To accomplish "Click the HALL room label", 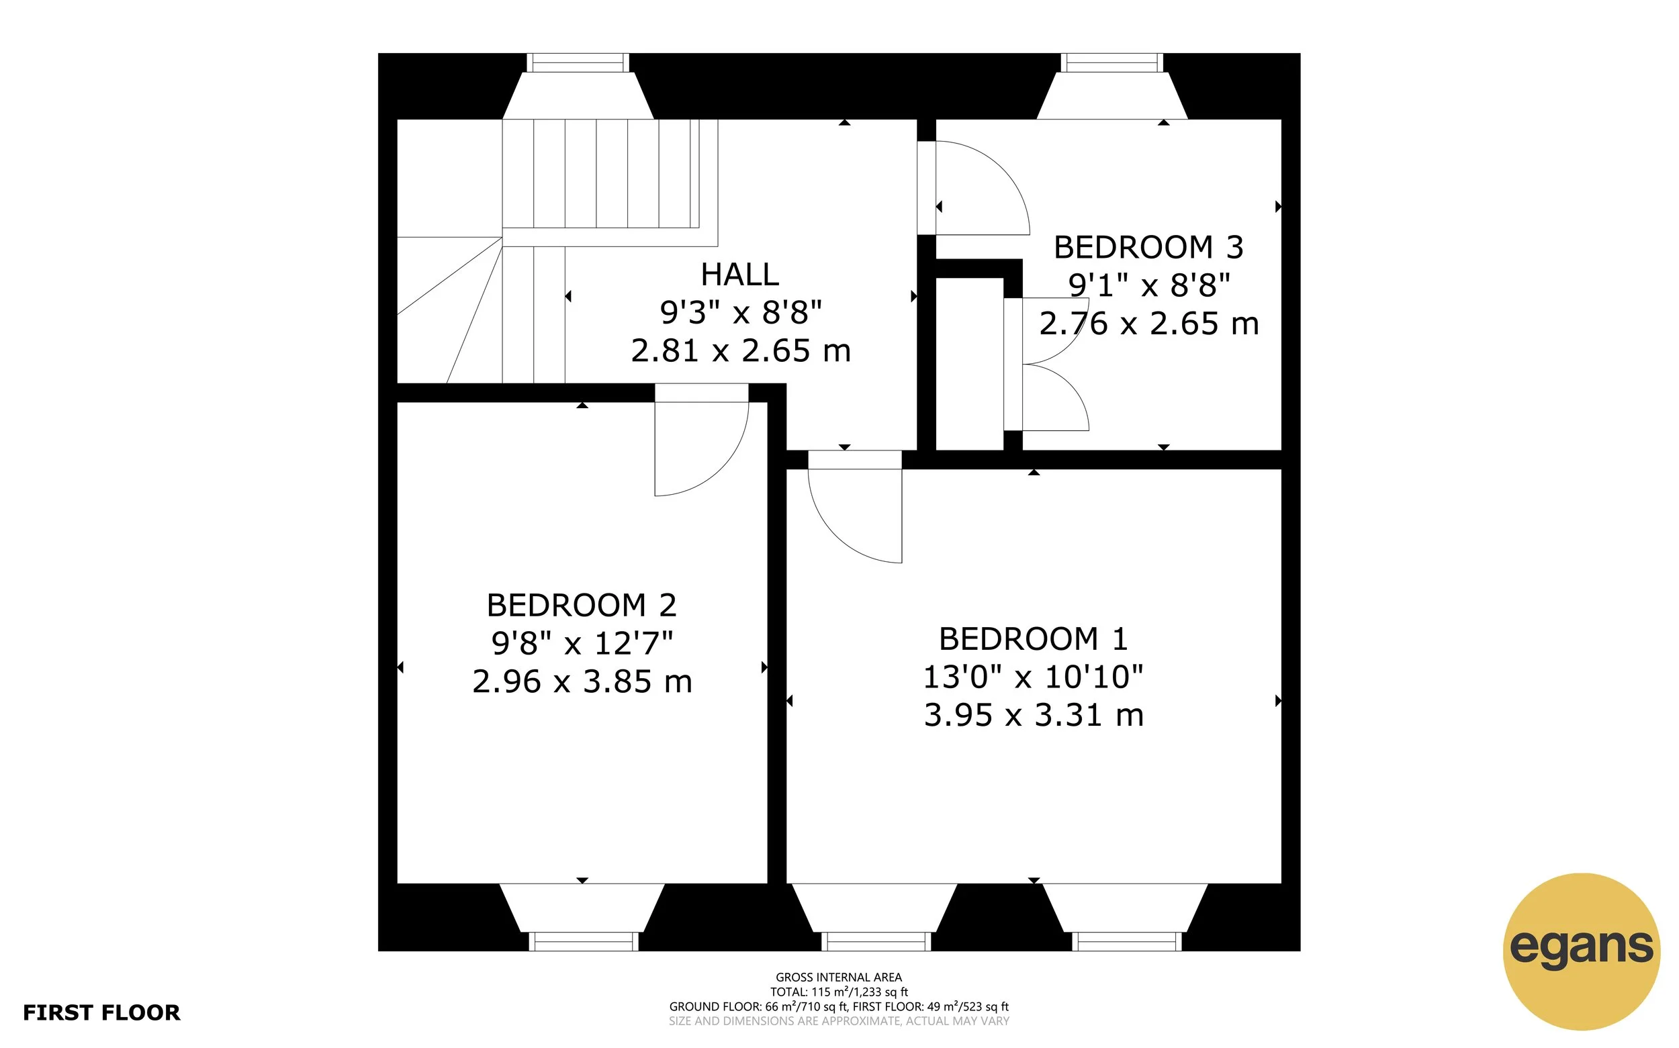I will (x=739, y=275).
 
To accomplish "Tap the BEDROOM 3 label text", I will (x=1148, y=248).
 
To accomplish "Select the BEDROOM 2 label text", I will (x=581, y=605).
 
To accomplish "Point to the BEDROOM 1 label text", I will (x=1033, y=638).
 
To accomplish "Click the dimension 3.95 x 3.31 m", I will (x=1033, y=714).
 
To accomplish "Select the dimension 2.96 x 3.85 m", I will (x=582, y=681).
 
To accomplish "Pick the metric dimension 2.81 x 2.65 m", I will (x=739, y=350).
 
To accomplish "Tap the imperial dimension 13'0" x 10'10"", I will (x=1033, y=677).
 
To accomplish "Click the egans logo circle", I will (x=1581, y=951).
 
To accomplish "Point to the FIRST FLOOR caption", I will (x=101, y=1012).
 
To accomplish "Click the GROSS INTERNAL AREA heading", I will (x=838, y=978).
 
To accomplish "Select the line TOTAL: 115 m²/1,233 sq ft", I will (x=838, y=992).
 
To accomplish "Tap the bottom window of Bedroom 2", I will (x=583, y=941).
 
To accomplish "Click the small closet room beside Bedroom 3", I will (x=969, y=364).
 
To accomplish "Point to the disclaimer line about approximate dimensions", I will (x=838, y=1021).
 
